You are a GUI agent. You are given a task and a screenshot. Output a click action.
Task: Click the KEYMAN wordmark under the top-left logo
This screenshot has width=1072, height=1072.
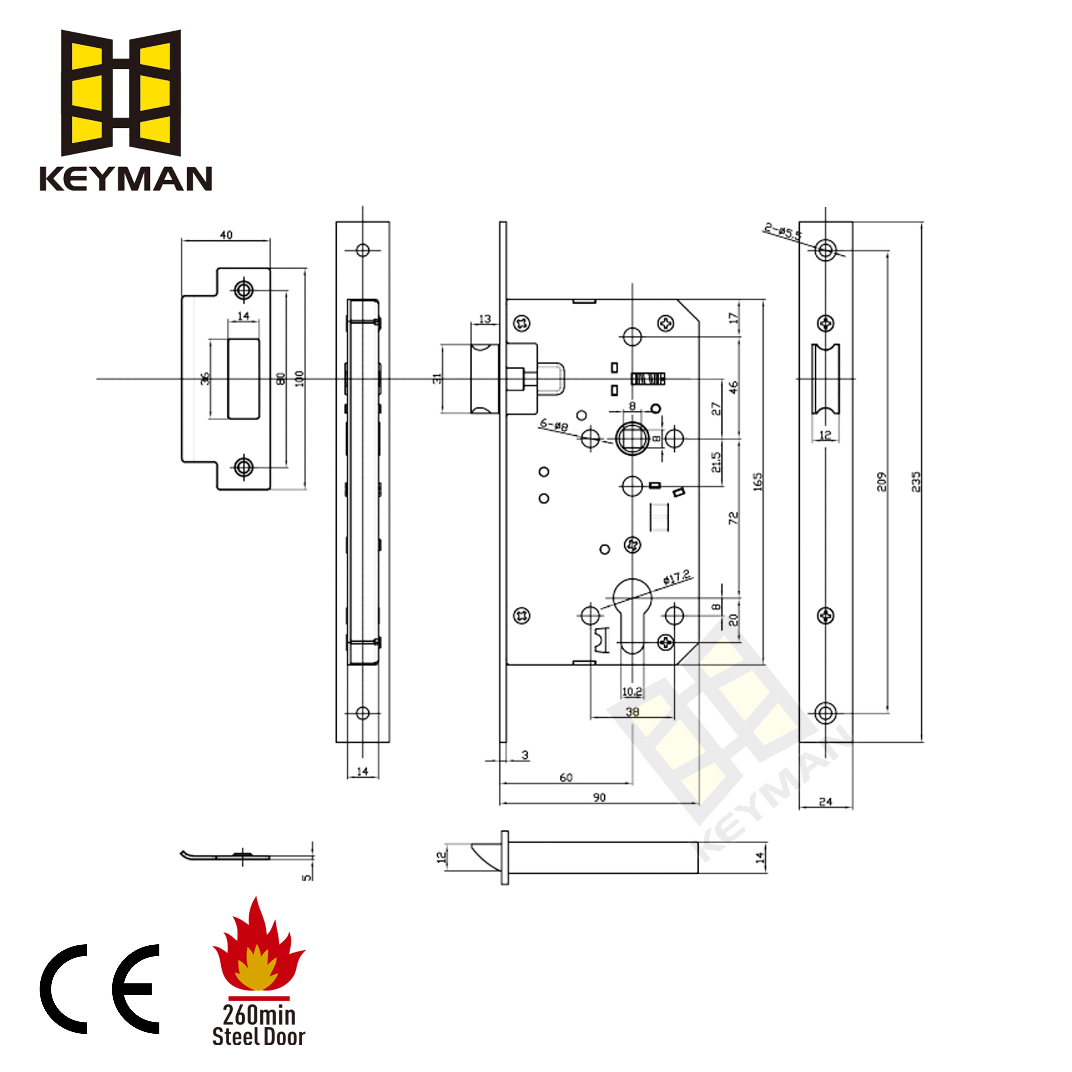click(x=125, y=179)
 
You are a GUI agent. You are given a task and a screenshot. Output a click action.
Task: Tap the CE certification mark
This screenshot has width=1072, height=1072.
click(x=100, y=988)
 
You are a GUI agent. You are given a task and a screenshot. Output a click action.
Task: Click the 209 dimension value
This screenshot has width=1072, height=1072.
click(x=882, y=481)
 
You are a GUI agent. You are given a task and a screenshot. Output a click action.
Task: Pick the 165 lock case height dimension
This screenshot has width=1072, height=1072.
click(x=758, y=481)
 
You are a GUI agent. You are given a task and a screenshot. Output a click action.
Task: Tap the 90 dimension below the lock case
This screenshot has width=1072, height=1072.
click(x=599, y=797)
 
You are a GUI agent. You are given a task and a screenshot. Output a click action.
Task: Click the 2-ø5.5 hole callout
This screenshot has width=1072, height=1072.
click(x=782, y=231)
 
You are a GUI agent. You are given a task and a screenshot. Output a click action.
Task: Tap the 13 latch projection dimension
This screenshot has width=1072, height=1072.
click(x=484, y=319)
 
